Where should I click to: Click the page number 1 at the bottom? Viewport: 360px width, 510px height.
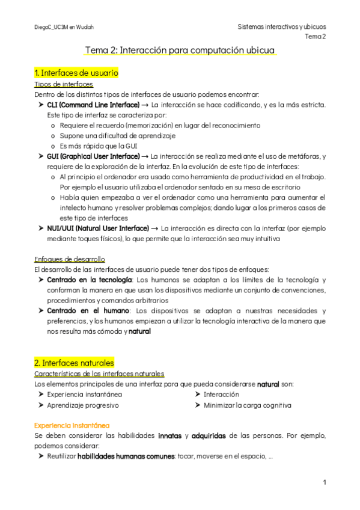pos(324,482)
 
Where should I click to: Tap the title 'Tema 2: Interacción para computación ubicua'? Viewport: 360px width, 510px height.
pos(180,51)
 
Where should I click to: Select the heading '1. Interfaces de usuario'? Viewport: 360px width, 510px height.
pos(76,73)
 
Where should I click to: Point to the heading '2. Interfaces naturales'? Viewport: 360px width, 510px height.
pos(74,363)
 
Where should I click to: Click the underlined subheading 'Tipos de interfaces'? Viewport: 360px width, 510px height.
pos(64,84)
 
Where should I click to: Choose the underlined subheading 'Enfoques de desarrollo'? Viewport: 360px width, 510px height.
pos(70,259)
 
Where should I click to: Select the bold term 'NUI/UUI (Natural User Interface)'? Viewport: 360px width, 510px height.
pos(98,228)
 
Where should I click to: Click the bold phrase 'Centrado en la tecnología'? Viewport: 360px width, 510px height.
pos(90,280)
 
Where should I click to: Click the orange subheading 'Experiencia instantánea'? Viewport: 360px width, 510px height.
pos(72,425)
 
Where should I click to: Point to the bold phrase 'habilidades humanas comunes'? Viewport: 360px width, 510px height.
pos(126,456)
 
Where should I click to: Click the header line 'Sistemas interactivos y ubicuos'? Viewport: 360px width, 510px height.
pos(282,27)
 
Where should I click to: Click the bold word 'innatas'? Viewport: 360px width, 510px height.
pos(171,435)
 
